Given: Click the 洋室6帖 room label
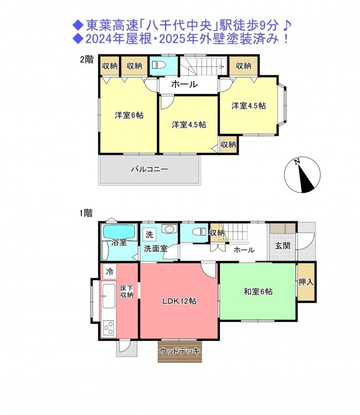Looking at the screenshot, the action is pos(129,115).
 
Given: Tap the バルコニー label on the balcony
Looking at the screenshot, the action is pos(150,169).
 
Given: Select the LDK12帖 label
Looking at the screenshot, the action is pos(179,301).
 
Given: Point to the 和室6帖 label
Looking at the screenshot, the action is pos(258,292).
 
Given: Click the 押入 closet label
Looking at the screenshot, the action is pos(306,282).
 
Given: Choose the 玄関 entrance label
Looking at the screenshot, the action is pos(282,246).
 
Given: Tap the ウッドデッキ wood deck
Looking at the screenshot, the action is pos(180,351).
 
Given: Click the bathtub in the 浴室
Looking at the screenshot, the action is pos(119,232).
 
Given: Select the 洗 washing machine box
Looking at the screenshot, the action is pos(150,234).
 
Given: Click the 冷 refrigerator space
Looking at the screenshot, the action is pos(110,271).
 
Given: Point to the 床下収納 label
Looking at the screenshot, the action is pos(127,292).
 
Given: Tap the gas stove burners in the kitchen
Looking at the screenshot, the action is pos(109,329).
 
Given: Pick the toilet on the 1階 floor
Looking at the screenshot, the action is pos(199,232).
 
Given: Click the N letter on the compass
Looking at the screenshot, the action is pos(297,161).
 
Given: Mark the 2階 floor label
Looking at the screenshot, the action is pos(87,59).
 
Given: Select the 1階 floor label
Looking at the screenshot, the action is pos(86,213).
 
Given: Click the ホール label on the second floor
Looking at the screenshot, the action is pos(184,84).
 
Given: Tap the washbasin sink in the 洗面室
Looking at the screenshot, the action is pos(169,229).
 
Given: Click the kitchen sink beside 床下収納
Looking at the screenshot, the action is pos(109,296).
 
